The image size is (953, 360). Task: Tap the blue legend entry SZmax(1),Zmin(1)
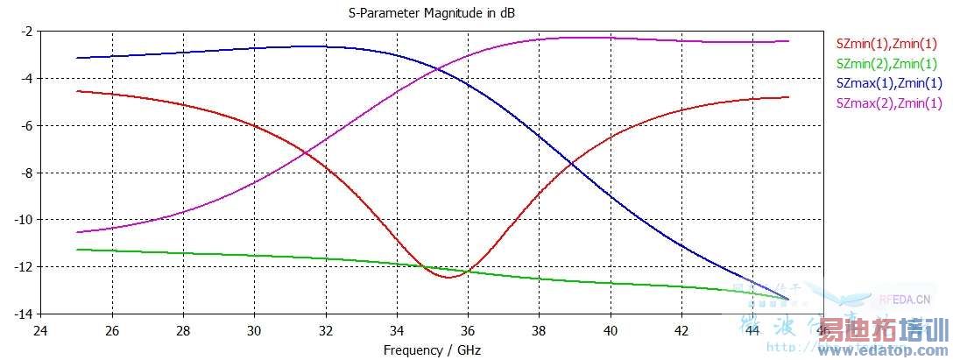point(890,83)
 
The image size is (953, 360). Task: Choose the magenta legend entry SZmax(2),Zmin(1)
point(890,103)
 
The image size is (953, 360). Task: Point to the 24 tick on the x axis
point(40,331)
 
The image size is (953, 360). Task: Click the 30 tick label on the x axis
point(254,331)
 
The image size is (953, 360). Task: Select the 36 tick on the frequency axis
point(468,331)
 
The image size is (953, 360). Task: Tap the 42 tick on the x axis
point(681,331)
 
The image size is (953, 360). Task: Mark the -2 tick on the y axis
point(26,32)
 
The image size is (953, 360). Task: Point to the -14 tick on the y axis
point(24,314)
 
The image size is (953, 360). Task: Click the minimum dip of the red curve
point(449,278)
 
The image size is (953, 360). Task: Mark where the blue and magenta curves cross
point(427,68)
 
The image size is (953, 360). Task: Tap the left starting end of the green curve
point(77,250)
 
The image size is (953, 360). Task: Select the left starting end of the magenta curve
point(77,232)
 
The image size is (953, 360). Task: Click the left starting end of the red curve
point(77,91)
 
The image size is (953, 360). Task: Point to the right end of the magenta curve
point(788,41)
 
